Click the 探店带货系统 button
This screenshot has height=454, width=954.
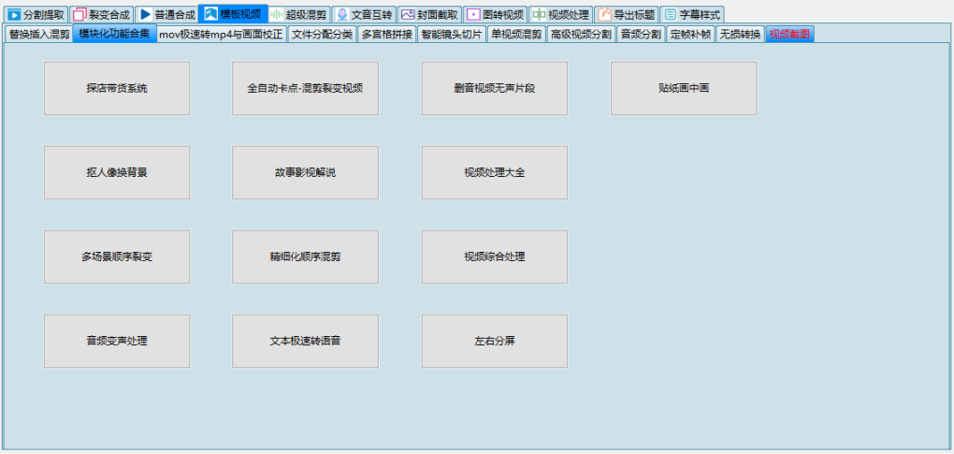tap(117, 88)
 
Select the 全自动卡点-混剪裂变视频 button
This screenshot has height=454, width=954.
tap(305, 88)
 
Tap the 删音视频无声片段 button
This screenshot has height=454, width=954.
tap(495, 88)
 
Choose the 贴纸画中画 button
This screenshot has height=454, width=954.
tap(684, 88)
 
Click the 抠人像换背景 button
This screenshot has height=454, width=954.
tap(117, 172)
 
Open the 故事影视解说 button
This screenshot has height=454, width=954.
tap(305, 172)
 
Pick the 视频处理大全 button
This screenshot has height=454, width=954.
tap(495, 172)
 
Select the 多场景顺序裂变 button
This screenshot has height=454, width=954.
tap(117, 256)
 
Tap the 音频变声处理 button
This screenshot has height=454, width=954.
tap(117, 341)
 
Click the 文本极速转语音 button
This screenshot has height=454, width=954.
tap(305, 341)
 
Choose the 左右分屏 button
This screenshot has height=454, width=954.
tap(495, 341)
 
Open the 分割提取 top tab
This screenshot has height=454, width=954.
tap(36, 15)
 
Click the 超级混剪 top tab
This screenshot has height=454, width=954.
tap(299, 15)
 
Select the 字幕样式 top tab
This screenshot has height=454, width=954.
tap(692, 15)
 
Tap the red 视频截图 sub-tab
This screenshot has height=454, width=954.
tap(789, 34)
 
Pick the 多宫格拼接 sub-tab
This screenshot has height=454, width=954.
tap(387, 34)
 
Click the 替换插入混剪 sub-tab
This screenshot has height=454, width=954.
tap(39, 34)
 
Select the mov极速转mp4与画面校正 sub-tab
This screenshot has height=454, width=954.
tap(222, 34)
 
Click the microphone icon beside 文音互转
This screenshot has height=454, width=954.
tap(342, 15)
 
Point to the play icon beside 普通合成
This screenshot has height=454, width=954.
tap(145, 15)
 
